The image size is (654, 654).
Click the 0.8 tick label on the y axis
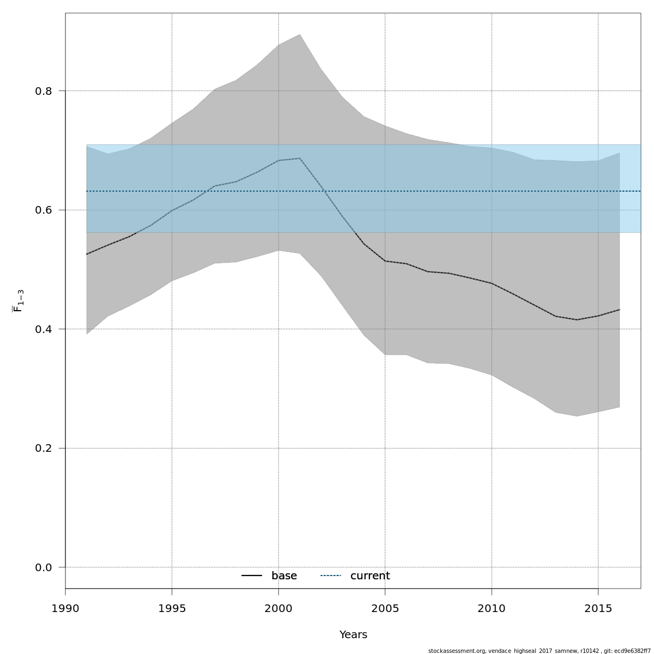(x=43, y=91)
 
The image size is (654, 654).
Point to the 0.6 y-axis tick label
(x=43, y=210)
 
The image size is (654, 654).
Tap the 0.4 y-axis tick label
(x=43, y=329)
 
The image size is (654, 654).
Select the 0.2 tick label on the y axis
(x=43, y=449)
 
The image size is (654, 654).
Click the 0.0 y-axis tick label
(x=43, y=567)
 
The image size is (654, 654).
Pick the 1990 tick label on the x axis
(x=65, y=608)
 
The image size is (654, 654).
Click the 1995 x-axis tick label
(x=172, y=608)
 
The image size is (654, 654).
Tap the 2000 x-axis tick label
(x=278, y=608)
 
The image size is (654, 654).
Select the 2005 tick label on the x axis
(x=385, y=608)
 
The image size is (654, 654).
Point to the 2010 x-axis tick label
(x=492, y=608)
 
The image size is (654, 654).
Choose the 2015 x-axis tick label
(x=598, y=608)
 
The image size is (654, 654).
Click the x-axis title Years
(x=353, y=635)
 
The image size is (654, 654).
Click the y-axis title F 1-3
(x=18, y=301)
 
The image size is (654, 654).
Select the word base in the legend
(x=284, y=576)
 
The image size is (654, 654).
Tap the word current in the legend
(x=370, y=576)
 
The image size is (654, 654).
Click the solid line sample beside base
(x=252, y=576)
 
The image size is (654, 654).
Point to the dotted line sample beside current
(x=330, y=576)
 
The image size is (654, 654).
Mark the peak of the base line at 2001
(x=300, y=158)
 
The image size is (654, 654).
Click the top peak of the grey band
(x=300, y=34)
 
